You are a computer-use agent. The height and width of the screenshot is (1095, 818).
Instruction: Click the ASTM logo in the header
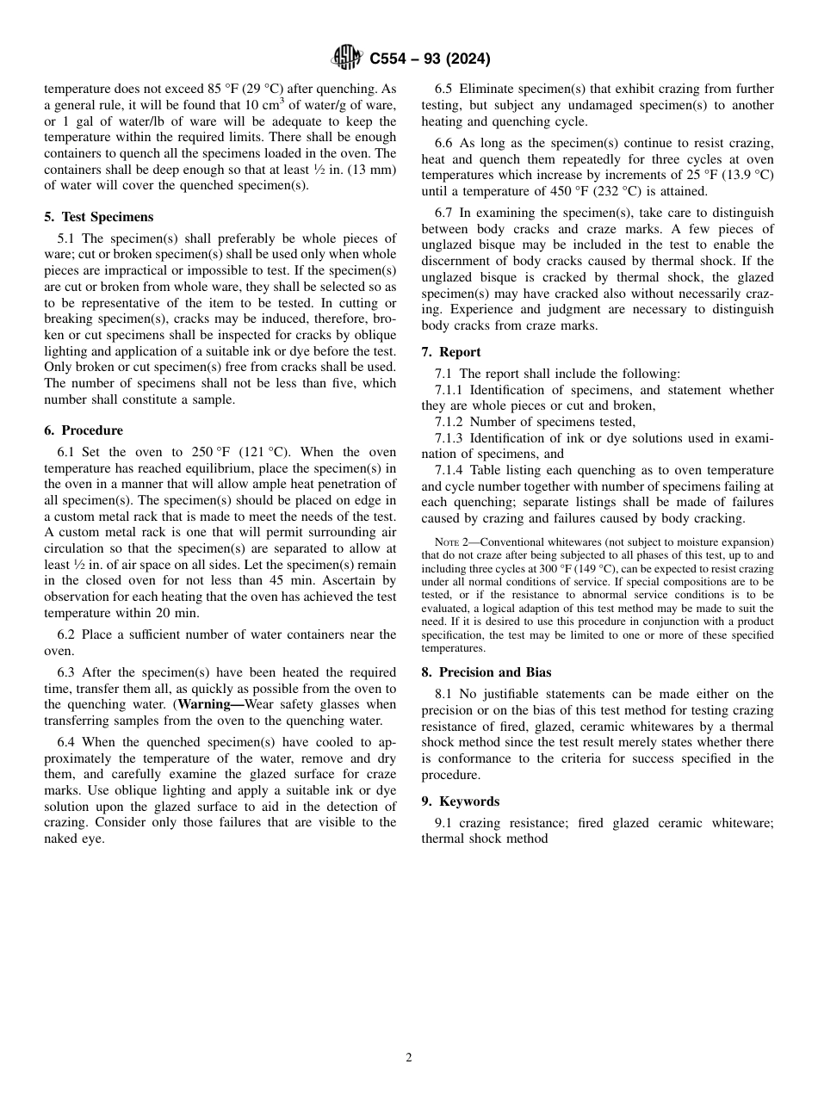click(x=348, y=59)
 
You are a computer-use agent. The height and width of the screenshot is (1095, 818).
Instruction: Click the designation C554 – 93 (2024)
click(x=430, y=59)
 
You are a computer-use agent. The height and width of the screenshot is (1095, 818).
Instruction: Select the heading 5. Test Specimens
click(x=98, y=217)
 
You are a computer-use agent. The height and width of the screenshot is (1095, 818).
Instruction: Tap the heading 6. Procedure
click(x=83, y=430)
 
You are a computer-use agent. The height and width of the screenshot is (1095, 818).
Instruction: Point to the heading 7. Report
click(x=450, y=352)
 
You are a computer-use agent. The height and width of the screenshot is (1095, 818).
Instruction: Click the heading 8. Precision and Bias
click(x=486, y=672)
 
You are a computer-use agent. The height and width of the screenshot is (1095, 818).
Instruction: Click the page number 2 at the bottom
click(x=409, y=1058)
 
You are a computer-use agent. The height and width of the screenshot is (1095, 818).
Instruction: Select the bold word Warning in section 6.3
click(x=204, y=704)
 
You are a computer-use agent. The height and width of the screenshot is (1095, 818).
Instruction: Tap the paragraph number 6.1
click(x=66, y=452)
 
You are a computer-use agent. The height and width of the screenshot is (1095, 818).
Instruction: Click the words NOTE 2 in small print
click(x=452, y=541)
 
